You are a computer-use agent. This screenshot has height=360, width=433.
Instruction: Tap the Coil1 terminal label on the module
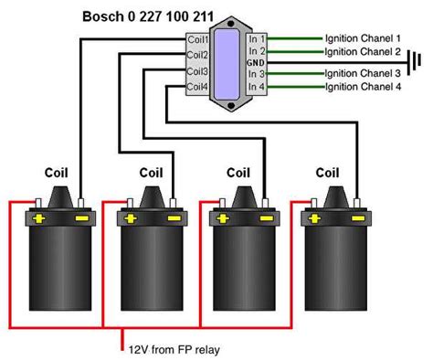198,40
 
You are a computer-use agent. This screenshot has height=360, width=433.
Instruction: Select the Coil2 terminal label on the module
198,55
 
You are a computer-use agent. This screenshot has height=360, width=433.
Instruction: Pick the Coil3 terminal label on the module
198,70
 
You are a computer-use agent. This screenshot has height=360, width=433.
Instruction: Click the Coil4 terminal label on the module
198,87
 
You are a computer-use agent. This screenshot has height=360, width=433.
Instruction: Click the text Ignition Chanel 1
362,39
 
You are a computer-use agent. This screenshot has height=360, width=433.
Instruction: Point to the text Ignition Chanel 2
362,53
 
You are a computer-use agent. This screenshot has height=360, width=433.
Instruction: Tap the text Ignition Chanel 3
362,73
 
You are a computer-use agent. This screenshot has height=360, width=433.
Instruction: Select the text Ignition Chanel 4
362,87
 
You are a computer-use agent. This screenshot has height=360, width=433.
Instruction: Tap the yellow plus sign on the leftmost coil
39,219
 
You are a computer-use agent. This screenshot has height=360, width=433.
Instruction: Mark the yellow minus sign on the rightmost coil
354,219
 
